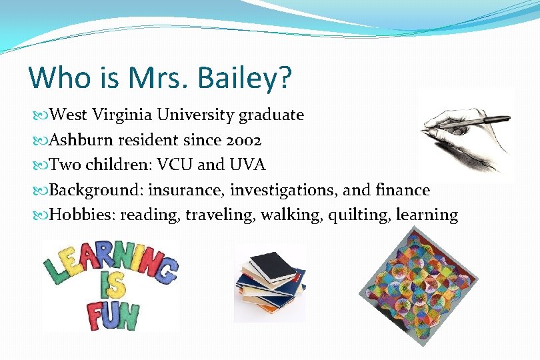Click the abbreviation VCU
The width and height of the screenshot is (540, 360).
174,165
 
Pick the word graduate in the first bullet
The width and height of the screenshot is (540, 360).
271,115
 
